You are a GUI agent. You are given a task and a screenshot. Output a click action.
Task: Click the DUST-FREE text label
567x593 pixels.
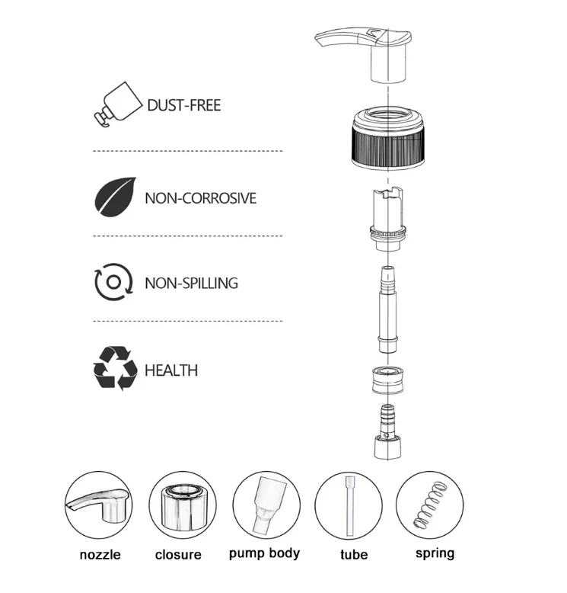coord(184,105)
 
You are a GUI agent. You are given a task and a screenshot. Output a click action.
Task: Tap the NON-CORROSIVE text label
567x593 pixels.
coord(201,198)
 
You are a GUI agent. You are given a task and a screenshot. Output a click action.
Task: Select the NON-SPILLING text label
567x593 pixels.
coord(192,284)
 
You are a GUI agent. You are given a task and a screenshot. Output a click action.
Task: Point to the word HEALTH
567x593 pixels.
coord(171,370)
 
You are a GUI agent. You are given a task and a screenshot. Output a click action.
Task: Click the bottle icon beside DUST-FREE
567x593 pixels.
coord(118,104)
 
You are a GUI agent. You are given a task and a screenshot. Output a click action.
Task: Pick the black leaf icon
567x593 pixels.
coord(115,197)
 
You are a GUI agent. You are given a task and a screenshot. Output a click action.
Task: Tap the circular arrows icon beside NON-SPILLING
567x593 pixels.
coord(113,282)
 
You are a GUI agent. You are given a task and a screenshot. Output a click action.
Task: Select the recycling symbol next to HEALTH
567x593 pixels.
coord(115,368)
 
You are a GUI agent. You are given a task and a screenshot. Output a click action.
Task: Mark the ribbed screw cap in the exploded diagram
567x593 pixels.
coord(388,138)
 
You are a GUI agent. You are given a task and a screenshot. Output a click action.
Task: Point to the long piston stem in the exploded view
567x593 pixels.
coord(387,309)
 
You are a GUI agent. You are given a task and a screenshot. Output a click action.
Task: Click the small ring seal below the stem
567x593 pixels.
coord(387,380)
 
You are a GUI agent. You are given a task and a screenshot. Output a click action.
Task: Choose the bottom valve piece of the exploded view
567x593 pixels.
coord(387,431)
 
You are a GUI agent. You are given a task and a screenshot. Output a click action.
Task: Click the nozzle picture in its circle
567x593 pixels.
coord(99,505)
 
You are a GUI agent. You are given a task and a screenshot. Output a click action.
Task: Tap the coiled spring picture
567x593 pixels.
coord(430,505)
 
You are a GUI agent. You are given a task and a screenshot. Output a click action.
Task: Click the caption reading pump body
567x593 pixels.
coord(264,553)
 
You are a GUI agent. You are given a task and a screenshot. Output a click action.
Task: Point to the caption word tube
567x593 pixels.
coord(354,554)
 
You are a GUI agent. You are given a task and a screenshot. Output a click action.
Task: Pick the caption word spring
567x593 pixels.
coord(435,553)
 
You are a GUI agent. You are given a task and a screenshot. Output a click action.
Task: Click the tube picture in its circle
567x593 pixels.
coord(349,505)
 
